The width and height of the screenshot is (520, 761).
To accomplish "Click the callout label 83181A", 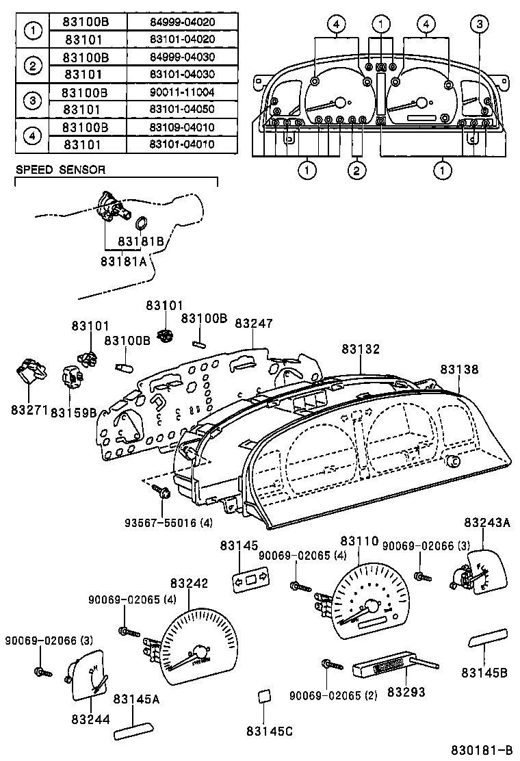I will (123, 261).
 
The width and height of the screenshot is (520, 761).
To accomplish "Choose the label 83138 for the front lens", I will (459, 370).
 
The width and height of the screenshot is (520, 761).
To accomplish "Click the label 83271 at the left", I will (29, 410).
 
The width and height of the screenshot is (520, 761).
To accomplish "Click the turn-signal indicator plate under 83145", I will (250, 581).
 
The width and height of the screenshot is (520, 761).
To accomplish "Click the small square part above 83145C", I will (263, 697).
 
